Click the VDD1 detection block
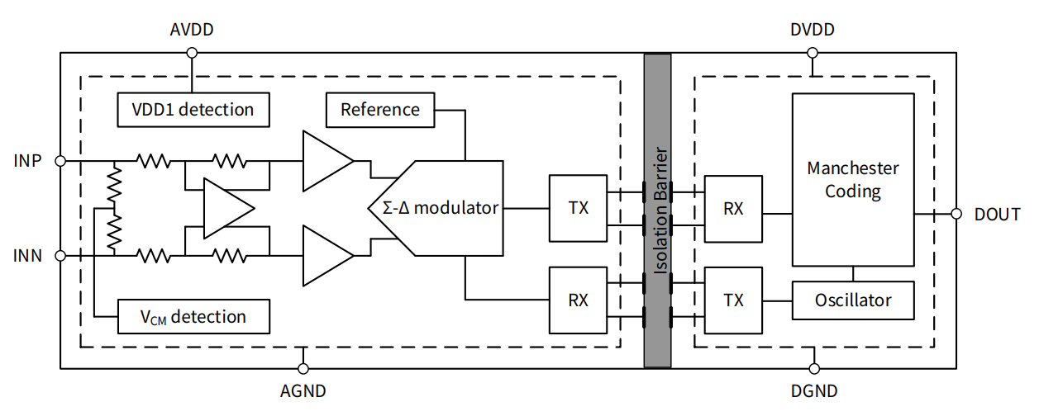tap(193, 109)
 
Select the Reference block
tap(380, 110)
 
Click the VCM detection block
tap(193, 316)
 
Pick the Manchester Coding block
tap(853, 179)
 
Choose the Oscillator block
tap(853, 300)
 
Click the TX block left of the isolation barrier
tap(578, 207)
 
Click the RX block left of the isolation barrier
tap(578, 300)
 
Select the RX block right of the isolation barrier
tap(732, 207)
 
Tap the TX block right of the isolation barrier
tap(732, 300)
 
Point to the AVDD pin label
tap(191, 31)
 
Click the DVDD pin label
tap(812, 31)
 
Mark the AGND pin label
tap(303, 390)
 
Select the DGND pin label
tap(814, 390)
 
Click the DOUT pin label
tap(998, 215)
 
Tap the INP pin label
tap(27, 160)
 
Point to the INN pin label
tap(27, 256)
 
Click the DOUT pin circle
tap(956, 214)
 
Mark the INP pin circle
tap(60, 160)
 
